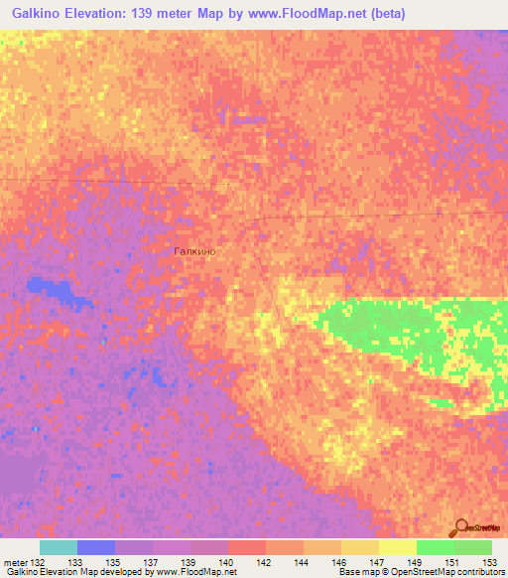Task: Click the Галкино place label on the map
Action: tap(194, 252)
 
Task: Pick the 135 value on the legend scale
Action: tap(114, 562)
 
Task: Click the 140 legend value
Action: tap(226, 562)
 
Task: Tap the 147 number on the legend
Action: tap(378, 562)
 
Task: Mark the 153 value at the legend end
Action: tap(491, 562)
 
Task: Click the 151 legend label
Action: tap(453, 562)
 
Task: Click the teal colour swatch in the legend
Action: tap(59, 547)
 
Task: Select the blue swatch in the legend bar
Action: tap(96, 547)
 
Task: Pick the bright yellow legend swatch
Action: tap(397, 547)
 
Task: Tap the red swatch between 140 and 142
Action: tap(246, 547)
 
